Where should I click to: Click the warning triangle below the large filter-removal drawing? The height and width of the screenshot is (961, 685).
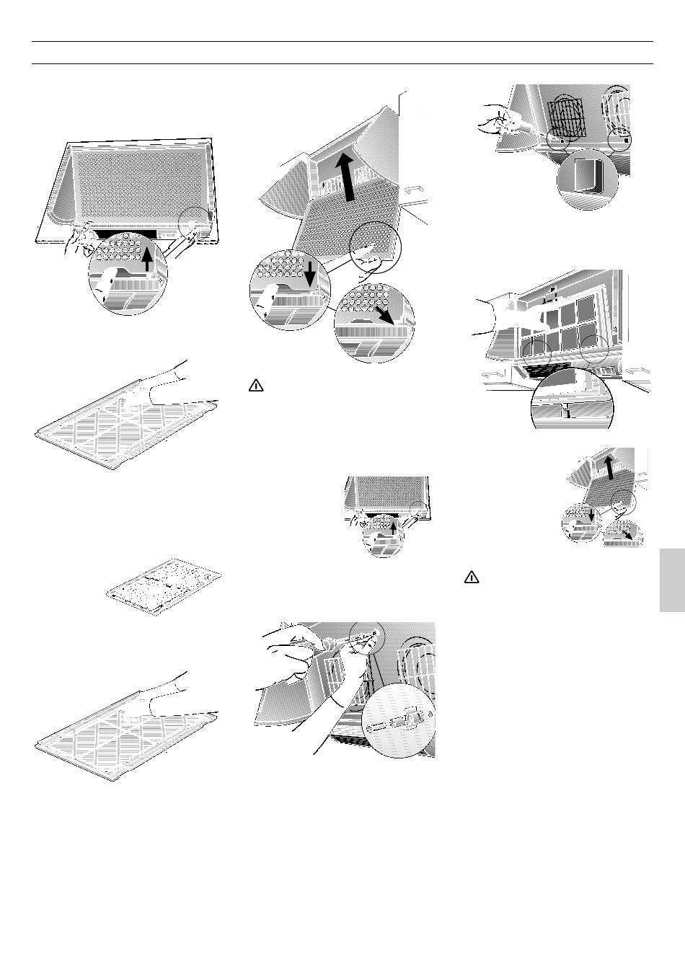[x=256, y=386]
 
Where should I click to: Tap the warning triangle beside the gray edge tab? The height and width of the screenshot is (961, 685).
[x=472, y=577]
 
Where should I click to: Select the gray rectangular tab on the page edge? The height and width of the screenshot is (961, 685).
[x=671, y=581]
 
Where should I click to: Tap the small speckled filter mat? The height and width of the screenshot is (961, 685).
[x=163, y=585]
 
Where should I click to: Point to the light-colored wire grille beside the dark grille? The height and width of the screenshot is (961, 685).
[x=619, y=112]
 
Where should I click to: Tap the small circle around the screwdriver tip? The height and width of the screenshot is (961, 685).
[x=367, y=635]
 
